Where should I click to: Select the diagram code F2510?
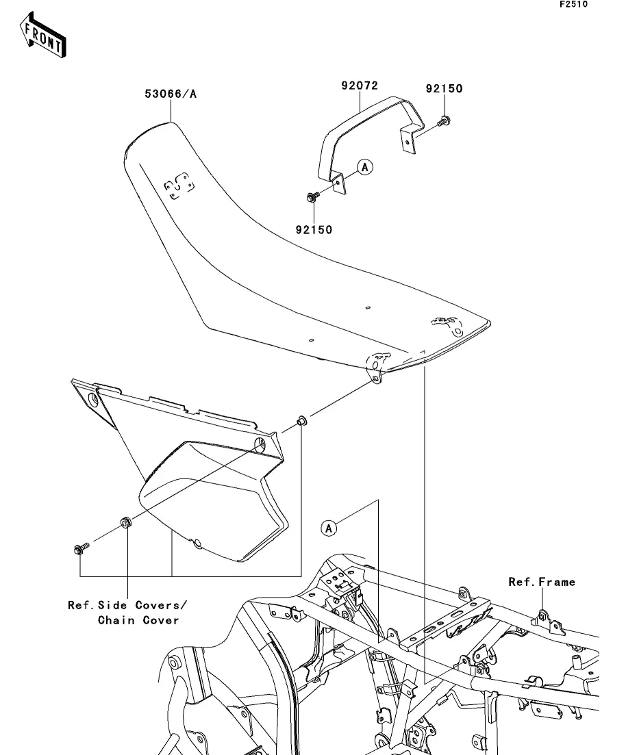(x=573, y=4)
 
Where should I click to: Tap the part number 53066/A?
(x=171, y=94)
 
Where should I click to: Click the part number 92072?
(x=360, y=86)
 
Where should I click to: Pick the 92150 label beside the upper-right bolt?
(x=444, y=88)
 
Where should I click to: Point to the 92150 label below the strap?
(x=314, y=230)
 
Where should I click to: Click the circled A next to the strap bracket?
(x=365, y=167)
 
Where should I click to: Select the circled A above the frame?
(x=329, y=528)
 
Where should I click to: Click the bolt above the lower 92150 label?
(x=313, y=196)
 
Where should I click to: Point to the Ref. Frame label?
(x=542, y=582)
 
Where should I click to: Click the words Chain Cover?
(x=138, y=620)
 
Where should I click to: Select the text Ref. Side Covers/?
(x=127, y=605)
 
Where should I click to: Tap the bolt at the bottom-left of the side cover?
(x=82, y=548)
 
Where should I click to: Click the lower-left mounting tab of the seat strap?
(x=340, y=183)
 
